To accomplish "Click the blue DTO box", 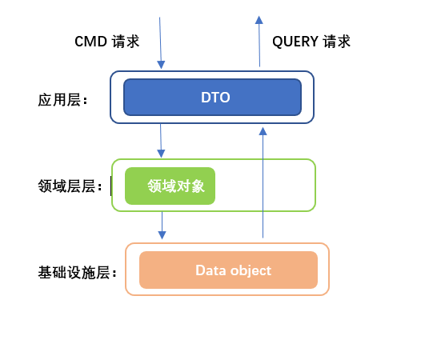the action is click(x=212, y=98).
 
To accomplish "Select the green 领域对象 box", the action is click(x=170, y=186).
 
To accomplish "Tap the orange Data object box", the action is click(x=228, y=270).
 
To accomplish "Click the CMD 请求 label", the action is click(x=106, y=42).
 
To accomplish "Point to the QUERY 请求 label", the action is click(x=311, y=42).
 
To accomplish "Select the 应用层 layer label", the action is click(x=62, y=100).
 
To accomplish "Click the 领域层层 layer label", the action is click(x=70, y=186).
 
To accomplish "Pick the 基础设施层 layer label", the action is click(x=77, y=272).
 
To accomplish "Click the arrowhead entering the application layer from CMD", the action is click(x=161, y=65).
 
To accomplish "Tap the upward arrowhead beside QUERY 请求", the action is click(x=259, y=20).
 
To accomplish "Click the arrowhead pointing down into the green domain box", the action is click(x=161, y=154).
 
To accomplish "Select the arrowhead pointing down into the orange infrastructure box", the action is click(x=162, y=235).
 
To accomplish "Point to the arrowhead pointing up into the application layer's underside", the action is click(x=263, y=131).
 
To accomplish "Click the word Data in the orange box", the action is click(x=210, y=270).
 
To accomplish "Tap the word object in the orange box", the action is click(x=251, y=271).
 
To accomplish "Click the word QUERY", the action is click(x=295, y=42).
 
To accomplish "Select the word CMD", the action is click(x=90, y=42).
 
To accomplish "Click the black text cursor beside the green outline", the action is click(x=110, y=186).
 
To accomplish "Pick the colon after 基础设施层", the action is click(x=114, y=274).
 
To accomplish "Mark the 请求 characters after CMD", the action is click(x=126, y=42).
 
